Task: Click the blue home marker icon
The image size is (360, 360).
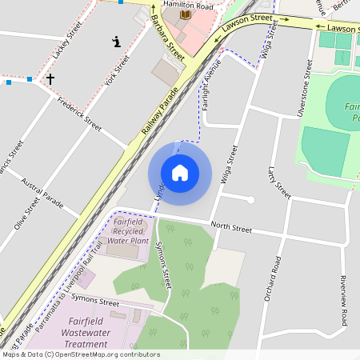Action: (180, 173)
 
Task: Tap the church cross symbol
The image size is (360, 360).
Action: (50, 79)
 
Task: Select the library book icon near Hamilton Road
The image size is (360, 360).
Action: (186, 14)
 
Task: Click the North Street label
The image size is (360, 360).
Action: (231, 229)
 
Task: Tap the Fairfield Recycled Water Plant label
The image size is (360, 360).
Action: (128, 230)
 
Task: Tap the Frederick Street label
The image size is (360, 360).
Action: (81, 114)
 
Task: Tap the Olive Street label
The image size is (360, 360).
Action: (26, 214)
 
